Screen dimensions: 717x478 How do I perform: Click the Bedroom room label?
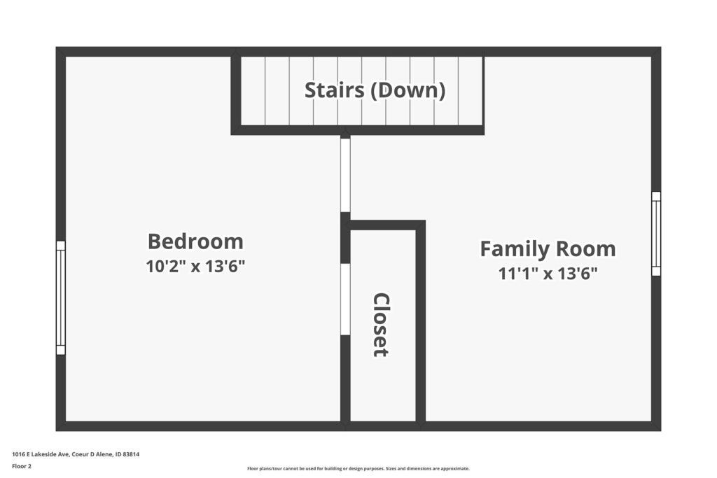point(195,241)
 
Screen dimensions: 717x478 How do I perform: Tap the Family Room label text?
point(548,250)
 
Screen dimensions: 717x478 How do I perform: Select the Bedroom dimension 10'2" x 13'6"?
point(195,266)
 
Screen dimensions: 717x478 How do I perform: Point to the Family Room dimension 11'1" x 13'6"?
point(548,274)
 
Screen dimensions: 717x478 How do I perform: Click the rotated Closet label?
point(382,325)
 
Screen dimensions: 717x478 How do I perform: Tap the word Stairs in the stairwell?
point(334,90)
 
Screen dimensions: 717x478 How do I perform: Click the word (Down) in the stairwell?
point(408,90)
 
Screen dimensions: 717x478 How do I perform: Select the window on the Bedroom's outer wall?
point(61,297)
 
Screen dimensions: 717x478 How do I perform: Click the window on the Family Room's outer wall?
point(656,234)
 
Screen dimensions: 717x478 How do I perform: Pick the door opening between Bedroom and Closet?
point(346,299)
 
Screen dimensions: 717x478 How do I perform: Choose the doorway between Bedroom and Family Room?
point(346,175)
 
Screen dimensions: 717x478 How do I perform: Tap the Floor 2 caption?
point(22,467)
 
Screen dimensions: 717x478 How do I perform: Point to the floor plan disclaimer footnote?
point(358,468)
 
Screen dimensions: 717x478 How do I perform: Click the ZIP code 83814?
point(131,454)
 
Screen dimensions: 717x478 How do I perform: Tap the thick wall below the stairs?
point(358,129)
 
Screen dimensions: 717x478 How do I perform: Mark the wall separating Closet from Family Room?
point(421,325)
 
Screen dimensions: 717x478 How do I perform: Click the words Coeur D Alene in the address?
point(92,454)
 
